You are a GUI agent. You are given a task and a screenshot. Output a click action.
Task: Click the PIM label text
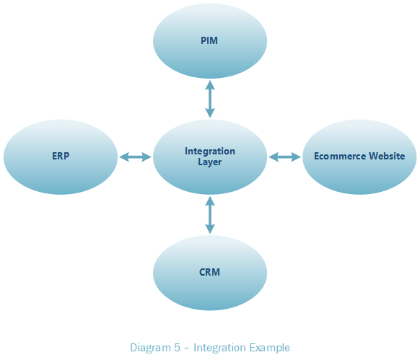209,40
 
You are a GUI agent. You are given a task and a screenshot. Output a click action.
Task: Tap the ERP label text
61,156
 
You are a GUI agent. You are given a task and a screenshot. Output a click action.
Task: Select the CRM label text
209,272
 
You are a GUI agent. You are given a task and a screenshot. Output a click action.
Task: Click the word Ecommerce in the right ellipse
339,156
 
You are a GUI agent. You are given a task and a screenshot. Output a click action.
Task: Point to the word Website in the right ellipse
387,156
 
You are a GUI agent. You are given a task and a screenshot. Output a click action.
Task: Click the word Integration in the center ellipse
210,151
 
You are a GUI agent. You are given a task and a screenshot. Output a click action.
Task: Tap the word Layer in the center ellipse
210,162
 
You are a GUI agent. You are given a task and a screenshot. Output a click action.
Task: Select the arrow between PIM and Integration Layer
210,99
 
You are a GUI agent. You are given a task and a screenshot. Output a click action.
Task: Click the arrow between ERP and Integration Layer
135,157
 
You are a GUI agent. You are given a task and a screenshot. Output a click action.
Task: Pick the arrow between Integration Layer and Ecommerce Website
285,157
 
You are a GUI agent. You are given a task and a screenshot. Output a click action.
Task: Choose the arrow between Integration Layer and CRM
210,215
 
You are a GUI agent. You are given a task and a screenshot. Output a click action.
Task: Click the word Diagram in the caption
151,348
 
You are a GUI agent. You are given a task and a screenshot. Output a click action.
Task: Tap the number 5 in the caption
177,348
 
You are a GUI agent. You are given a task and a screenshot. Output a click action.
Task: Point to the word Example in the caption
270,348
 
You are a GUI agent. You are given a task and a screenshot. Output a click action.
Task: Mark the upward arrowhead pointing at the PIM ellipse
210,85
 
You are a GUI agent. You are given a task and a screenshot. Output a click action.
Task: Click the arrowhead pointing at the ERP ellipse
123,157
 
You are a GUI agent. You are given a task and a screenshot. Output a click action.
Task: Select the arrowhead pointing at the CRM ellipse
210,229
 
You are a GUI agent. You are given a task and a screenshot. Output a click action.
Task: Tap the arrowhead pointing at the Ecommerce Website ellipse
297,157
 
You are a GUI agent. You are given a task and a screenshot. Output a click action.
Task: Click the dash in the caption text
187,348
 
